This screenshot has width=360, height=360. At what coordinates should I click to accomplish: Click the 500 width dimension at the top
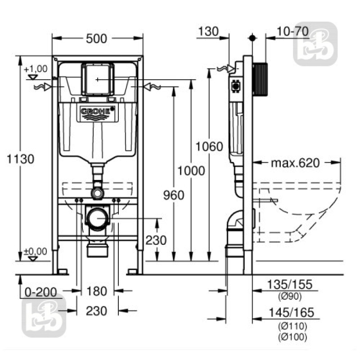[97, 39]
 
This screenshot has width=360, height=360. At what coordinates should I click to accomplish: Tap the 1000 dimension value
[191, 171]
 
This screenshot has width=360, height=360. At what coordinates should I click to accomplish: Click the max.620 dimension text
[295, 162]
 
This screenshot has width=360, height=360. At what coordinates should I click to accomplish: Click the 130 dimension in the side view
[207, 31]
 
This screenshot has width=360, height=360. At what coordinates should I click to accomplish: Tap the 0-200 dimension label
[41, 292]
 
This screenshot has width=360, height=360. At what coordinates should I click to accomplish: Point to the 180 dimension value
[97, 291]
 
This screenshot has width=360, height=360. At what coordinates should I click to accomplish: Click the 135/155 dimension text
[289, 284]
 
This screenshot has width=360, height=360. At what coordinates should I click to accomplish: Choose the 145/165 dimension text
[289, 313]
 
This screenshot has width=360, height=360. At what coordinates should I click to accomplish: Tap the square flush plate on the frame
[97, 80]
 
